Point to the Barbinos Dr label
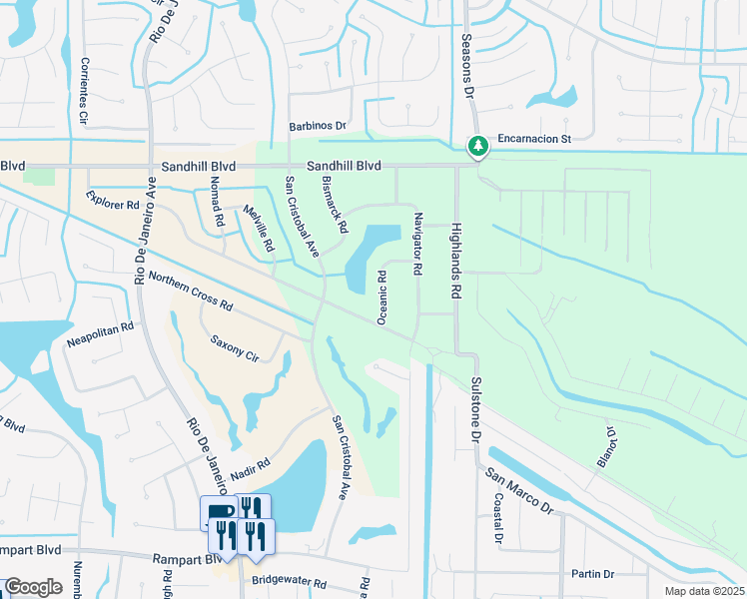[x=317, y=127]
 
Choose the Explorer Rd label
[x=112, y=202]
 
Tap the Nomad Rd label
[x=215, y=203]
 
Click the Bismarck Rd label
[x=335, y=205]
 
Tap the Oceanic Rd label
[x=381, y=297]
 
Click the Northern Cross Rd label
[x=190, y=290]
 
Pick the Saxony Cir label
[x=234, y=347]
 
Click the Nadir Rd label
[x=250, y=467]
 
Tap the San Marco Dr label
[x=519, y=490]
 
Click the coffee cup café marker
[x=219, y=512]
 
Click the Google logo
[x=33, y=587]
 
